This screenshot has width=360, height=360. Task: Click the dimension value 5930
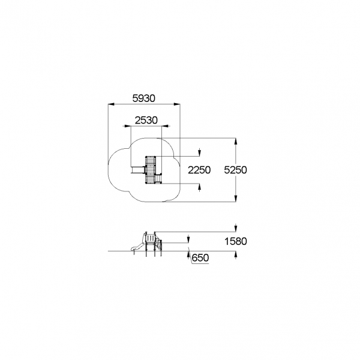point(144,98)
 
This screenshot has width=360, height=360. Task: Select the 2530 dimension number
point(146,120)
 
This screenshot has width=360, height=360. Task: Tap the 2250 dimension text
point(199,170)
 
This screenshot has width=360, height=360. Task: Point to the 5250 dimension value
point(235,170)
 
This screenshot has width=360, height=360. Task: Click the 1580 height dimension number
point(236,241)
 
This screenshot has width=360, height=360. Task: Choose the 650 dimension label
point(200,258)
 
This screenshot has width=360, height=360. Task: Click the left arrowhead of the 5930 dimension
point(111,104)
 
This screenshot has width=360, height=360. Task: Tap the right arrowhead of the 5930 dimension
point(177,104)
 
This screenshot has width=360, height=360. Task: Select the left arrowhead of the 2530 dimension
point(127,126)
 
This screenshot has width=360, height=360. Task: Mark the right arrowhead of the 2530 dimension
point(165,126)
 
